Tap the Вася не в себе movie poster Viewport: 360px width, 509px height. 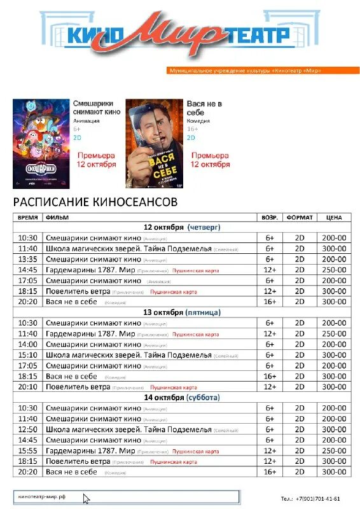coord(151,143)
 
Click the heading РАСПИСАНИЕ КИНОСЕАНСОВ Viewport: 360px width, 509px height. coord(95,202)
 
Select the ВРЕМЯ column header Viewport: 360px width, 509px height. coord(27,217)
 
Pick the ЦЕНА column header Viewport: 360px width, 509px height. coord(333,217)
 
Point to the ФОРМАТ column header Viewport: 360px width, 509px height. coord(300,217)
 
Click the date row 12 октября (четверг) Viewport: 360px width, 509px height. coord(181,227)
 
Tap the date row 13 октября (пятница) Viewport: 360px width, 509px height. coord(181,312)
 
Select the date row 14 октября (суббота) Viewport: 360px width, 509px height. coord(181,398)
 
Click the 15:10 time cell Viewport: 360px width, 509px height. coord(28,355)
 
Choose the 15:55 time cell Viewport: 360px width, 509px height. coord(28,450)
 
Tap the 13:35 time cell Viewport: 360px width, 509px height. coord(28,259)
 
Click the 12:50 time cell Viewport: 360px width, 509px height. coord(28,429)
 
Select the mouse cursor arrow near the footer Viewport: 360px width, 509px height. coord(87,498)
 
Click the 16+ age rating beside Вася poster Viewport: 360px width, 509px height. coord(191,129)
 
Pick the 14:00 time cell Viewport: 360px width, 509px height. coord(28,344)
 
